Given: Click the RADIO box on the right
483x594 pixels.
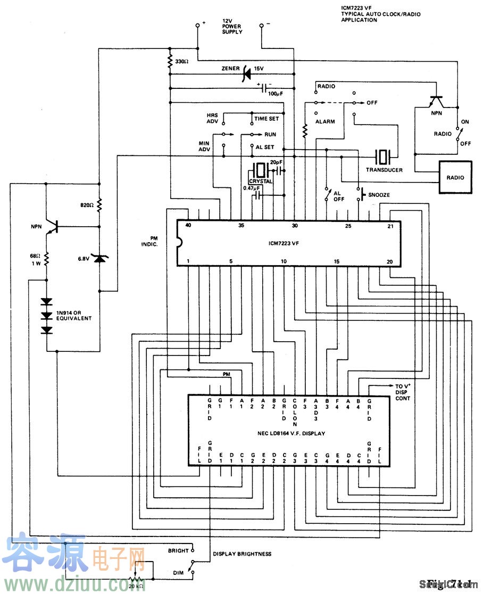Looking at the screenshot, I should (x=455, y=177).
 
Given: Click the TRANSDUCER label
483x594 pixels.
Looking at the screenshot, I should (x=384, y=170).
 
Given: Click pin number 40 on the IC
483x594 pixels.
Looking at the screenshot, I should (x=188, y=226).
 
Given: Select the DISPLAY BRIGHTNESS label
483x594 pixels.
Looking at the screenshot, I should (x=242, y=554).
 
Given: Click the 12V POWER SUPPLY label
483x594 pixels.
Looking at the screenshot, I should (x=232, y=27).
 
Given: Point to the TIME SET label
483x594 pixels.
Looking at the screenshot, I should (x=266, y=119).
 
